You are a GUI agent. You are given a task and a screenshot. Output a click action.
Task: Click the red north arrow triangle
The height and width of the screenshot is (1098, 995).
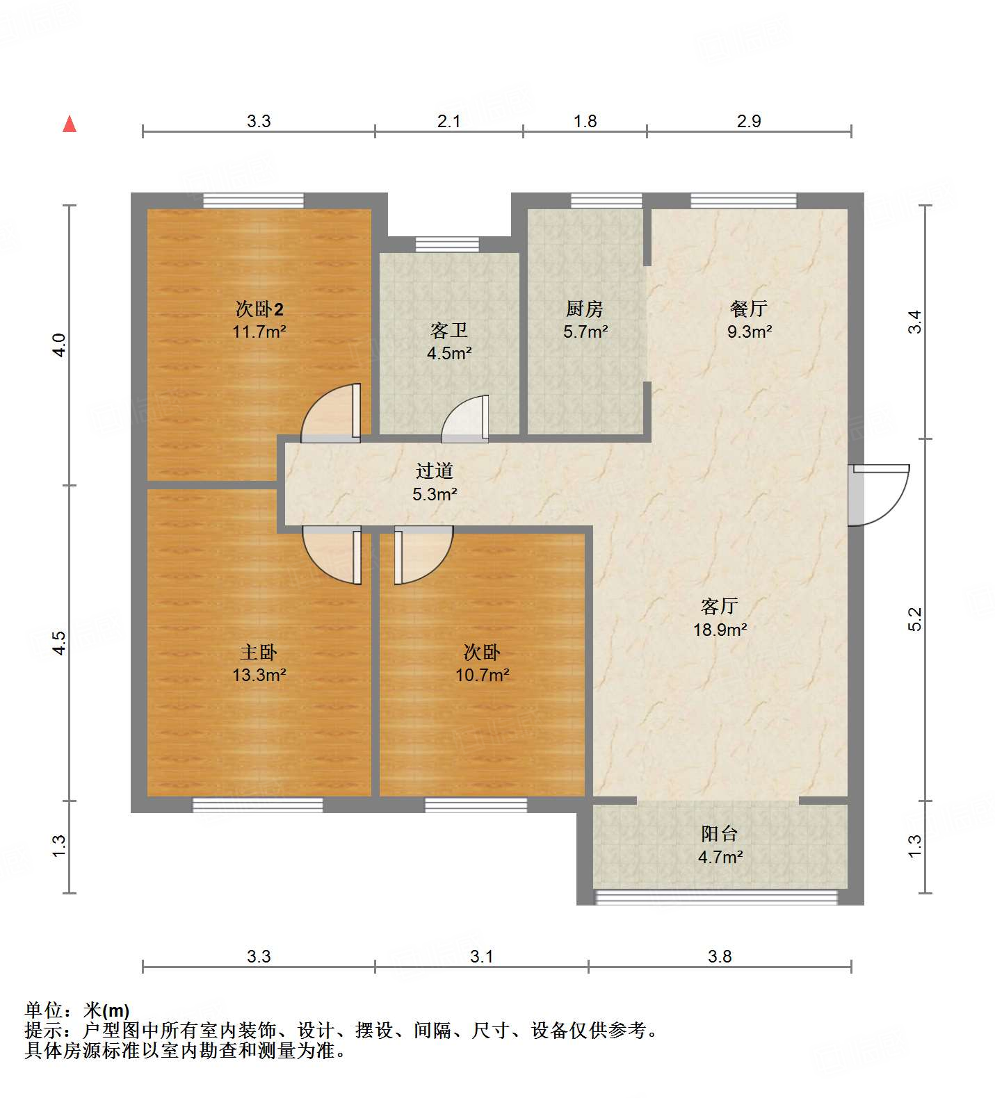click(x=70, y=124)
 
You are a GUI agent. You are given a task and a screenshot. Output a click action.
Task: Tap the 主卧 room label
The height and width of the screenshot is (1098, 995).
click(x=259, y=652)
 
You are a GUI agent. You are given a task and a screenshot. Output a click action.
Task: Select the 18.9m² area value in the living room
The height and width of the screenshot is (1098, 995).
click(x=720, y=630)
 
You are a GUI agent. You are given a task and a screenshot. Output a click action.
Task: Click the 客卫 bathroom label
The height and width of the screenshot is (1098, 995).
click(x=448, y=330)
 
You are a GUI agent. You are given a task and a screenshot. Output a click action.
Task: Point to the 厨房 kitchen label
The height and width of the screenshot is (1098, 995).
click(x=585, y=308)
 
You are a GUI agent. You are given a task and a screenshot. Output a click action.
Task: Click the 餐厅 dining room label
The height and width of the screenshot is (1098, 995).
click(x=749, y=308)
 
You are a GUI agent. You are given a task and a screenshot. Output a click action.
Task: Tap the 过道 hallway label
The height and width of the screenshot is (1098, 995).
click(x=435, y=470)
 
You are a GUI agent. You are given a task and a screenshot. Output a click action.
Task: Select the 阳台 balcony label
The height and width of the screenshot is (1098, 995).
click(x=720, y=833)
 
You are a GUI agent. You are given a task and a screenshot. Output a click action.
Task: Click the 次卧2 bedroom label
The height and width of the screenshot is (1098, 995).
click(x=259, y=308)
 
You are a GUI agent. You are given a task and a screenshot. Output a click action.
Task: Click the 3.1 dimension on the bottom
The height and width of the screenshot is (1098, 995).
click(x=481, y=956)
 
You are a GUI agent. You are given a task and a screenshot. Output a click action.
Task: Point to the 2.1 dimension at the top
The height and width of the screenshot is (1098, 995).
click(x=448, y=121)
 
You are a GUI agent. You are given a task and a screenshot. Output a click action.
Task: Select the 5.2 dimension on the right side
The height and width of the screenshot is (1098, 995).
click(x=914, y=618)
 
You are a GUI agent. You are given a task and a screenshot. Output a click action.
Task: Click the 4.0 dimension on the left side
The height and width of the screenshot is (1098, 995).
click(x=60, y=345)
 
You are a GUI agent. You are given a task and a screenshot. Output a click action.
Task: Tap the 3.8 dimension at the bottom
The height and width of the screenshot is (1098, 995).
click(x=720, y=956)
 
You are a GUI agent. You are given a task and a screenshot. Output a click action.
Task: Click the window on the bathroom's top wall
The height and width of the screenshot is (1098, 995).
click(x=447, y=244)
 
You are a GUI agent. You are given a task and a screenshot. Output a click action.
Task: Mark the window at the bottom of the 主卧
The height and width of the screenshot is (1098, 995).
click(x=258, y=805)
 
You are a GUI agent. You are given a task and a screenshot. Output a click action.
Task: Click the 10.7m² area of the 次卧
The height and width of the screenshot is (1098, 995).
click(x=483, y=675)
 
